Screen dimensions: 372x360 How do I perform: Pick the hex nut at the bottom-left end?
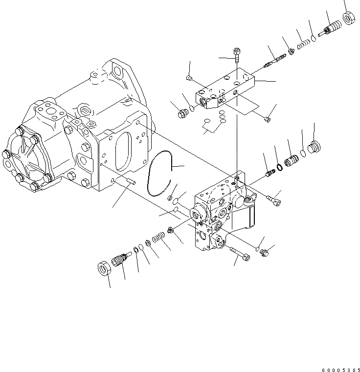104,268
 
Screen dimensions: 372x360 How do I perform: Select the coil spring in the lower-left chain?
157,238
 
